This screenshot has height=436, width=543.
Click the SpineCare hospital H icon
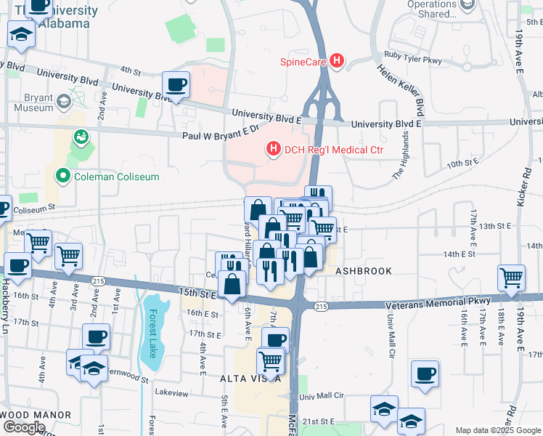[x=336, y=61]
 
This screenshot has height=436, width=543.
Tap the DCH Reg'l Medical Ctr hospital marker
[x=274, y=150]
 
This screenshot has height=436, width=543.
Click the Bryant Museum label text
[x=34, y=102]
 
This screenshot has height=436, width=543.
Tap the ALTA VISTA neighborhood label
[x=251, y=379]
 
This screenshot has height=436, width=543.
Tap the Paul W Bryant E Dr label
[x=221, y=131]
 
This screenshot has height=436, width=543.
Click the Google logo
[x=23, y=427]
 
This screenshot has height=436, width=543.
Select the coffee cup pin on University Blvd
[x=176, y=86]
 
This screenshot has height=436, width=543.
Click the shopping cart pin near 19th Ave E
[x=512, y=278]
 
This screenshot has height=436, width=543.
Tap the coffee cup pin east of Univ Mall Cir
[x=425, y=374]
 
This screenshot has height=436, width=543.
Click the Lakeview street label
[x=171, y=392]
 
